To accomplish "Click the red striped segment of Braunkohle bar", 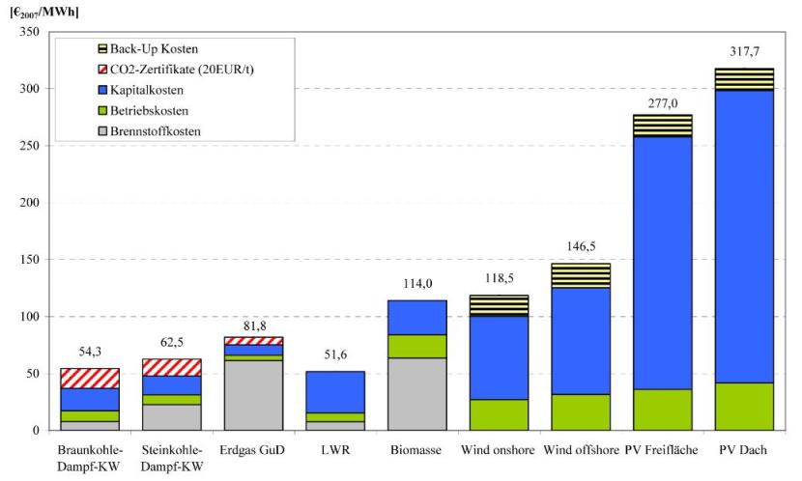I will pyautogui.click(x=91, y=378).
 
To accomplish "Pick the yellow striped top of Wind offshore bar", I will pyautogui.click(x=582, y=275).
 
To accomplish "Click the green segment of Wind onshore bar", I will pyautogui.click(x=500, y=414).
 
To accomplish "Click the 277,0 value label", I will pyautogui.click(x=663, y=102).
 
